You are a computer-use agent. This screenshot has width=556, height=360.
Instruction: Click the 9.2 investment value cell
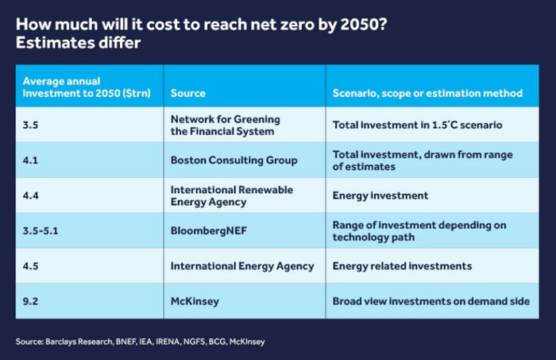[x=29, y=301]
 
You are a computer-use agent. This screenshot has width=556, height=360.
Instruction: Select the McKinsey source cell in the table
[x=195, y=301]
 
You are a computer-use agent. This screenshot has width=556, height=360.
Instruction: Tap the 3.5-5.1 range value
[x=41, y=230]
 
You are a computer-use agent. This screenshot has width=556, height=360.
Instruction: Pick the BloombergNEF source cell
[x=207, y=230]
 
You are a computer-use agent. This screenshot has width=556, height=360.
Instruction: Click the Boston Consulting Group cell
[x=234, y=160]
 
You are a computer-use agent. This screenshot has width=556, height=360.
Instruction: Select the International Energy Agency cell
[x=242, y=266]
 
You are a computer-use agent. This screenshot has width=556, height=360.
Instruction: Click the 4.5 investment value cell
[x=29, y=266]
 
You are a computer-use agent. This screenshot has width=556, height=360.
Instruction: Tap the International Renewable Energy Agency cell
[x=232, y=195]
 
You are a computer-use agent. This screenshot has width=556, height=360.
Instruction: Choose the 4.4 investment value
[x=29, y=195]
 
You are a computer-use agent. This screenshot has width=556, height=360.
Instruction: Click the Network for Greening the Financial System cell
[x=225, y=125]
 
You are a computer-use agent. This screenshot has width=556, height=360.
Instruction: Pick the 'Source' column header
[x=188, y=93]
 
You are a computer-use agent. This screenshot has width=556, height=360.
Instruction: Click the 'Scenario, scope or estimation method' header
[x=427, y=93]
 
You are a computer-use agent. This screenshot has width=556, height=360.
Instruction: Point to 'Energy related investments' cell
[x=402, y=266]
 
